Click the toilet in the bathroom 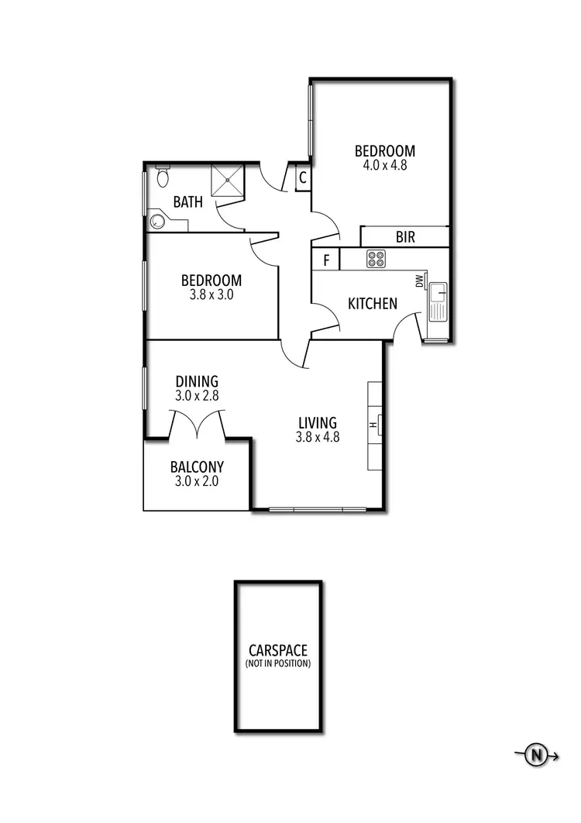click(x=162, y=177)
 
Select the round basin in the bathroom click(x=158, y=222)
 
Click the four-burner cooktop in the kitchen click(x=376, y=259)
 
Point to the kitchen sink click(x=438, y=298)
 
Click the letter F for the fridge click(x=326, y=260)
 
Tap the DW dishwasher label click(x=419, y=281)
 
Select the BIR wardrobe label click(x=405, y=237)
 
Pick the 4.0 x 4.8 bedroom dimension click(x=385, y=165)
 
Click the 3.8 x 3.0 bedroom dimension click(x=211, y=294)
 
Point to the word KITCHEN click(x=373, y=304)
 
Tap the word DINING click(x=197, y=381)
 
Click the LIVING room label click(x=318, y=423)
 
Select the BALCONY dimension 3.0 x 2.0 click(x=197, y=482)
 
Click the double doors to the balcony click(x=197, y=425)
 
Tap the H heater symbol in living click(x=373, y=425)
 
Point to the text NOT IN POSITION click(x=278, y=664)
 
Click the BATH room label click(x=188, y=202)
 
